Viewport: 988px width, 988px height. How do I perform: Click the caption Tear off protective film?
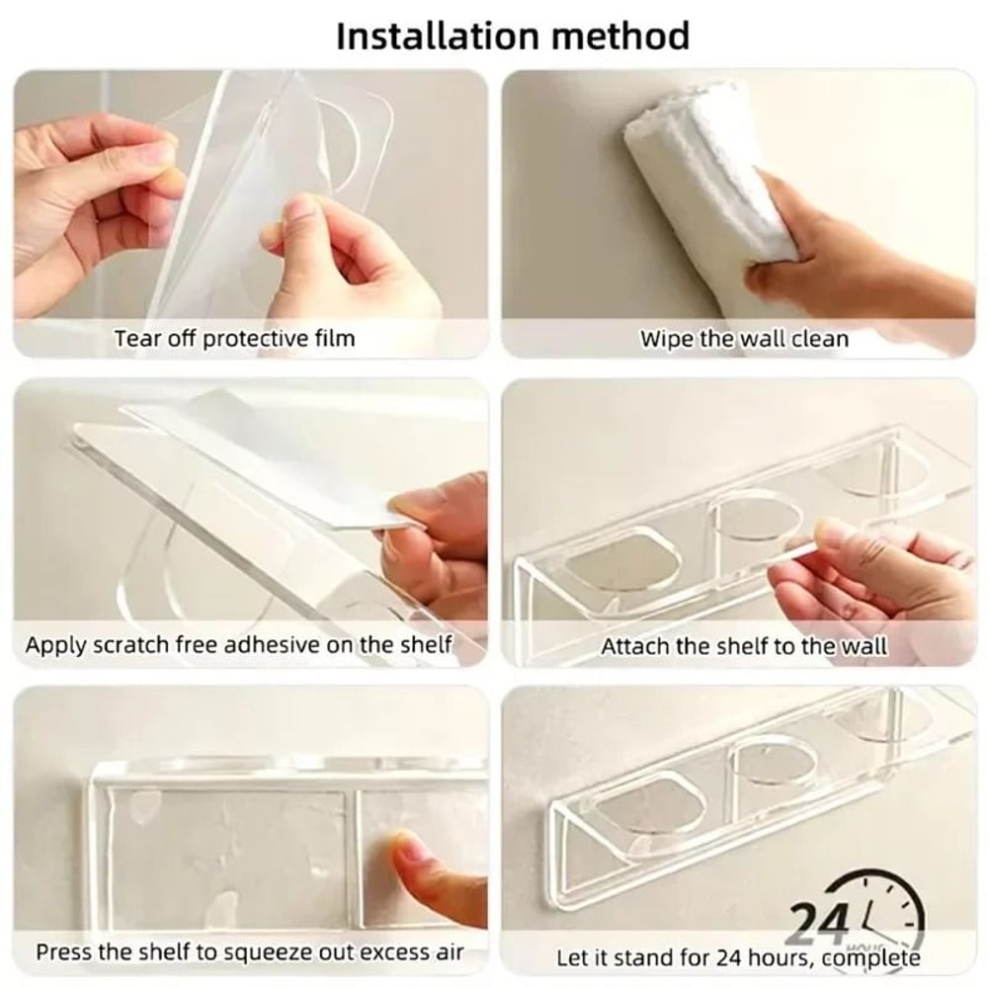tap(234, 339)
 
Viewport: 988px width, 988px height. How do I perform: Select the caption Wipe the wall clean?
tap(744, 339)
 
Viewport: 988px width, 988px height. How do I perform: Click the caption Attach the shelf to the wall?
tap(744, 647)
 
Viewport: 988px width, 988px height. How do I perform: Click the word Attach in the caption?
tap(634, 647)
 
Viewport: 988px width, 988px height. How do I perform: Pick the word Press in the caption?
tap(62, 953)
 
